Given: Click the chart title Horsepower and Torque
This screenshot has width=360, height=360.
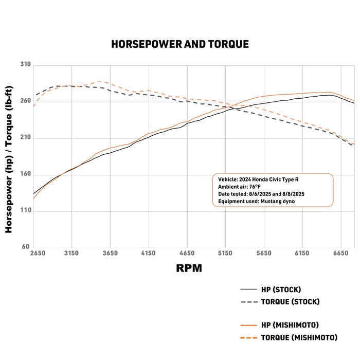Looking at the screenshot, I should click(x=179, y=44).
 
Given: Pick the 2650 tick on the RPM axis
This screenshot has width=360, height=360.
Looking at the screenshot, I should click(x=38, y=254).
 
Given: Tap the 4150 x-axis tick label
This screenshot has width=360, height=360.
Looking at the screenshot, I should click(x=148, y=254).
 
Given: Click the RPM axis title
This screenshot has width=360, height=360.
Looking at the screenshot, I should click(x=189, y=268).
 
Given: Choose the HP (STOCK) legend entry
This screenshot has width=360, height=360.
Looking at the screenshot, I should click(x=281, y=290).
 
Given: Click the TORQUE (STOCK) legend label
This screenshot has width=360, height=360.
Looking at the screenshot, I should click(x=290, y=301).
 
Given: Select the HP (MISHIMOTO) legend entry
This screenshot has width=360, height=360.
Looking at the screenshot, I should click(x=290, y=325).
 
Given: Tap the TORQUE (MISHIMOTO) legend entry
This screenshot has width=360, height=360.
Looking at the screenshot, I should click(x=299, y=337).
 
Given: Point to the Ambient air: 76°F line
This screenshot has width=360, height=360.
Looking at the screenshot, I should click(x=241, y=187).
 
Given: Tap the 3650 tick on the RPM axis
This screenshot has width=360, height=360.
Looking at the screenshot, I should click(x=110, y=254).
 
